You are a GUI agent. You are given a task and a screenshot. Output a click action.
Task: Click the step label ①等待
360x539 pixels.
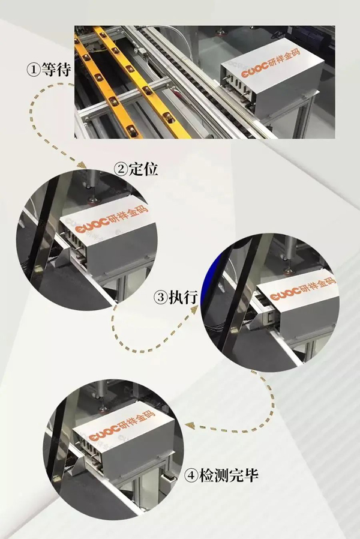coord(49,70)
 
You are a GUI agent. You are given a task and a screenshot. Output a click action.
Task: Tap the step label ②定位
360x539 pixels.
coord(136,169)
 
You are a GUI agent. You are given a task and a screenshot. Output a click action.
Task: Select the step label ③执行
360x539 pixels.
coord(176,297)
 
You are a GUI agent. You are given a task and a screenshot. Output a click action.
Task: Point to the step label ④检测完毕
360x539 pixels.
coord(221,475)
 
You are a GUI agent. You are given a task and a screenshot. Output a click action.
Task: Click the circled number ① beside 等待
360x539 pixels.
coord(34,70)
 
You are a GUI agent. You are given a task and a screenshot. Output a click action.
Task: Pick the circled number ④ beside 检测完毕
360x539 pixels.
coord(191,475)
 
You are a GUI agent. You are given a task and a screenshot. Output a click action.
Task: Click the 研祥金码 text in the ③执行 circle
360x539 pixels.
coord(317,286)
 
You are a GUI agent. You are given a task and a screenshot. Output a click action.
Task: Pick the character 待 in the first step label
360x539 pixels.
coord(64,70)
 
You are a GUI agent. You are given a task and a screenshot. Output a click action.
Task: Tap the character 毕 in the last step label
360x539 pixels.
coord(251,475)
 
